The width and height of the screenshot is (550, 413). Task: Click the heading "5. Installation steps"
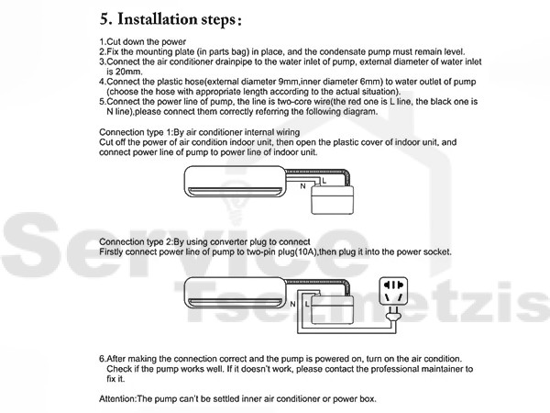170,18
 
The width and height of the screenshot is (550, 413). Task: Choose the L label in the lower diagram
305,301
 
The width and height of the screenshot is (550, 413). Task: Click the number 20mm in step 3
117,71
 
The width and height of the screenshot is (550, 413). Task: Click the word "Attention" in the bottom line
116,398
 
